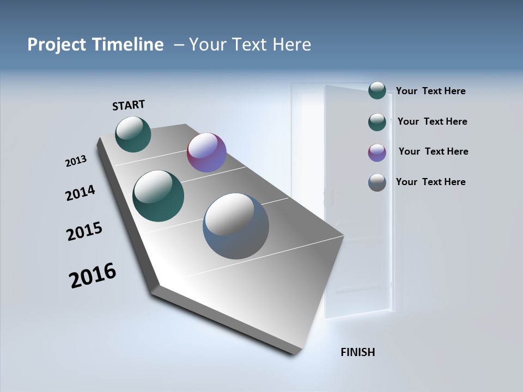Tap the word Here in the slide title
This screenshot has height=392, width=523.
[291, 45]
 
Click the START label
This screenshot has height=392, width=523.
[129, 105]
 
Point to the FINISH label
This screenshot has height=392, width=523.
[357, 352]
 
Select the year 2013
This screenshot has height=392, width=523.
[76, 161]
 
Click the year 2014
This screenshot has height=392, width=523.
[80, 193]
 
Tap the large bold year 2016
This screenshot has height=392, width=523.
[93, 275]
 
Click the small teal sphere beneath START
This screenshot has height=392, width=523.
[133, 134]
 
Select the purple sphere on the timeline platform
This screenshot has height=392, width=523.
[206, 152]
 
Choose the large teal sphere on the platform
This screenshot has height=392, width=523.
[158, 196]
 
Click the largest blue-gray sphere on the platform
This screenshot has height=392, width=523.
[236, 226]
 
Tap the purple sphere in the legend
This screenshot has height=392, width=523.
[377, 152]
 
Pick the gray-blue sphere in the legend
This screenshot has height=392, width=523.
[377, 182]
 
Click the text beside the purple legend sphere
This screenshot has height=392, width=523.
[433, 151]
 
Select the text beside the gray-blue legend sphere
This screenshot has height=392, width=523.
[430, 182]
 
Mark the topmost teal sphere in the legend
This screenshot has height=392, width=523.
[377, 90]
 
